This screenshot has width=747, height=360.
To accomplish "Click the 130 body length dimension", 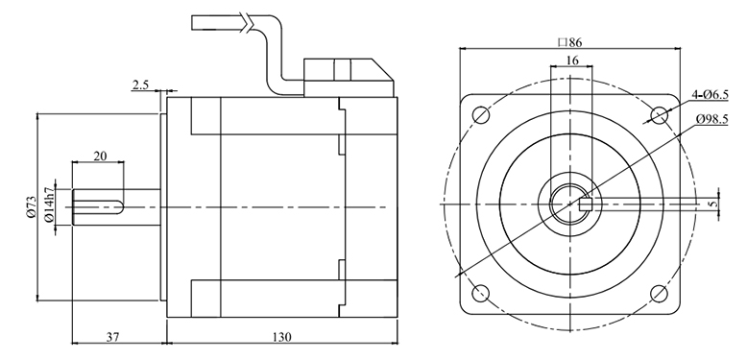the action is [x=282, y=337].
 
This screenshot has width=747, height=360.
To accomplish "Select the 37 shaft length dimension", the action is [x=112, y=337].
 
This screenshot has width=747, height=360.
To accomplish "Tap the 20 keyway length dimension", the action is [x=100, y=156].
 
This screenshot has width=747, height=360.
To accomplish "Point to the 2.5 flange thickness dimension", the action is [x=140, y=84].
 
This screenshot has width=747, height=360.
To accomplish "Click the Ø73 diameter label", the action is [x=32, y=206].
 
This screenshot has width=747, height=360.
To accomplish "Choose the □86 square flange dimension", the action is [x=569, y=42].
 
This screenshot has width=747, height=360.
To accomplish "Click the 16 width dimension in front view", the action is [x=572, y=60].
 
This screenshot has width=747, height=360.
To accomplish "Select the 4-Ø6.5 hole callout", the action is [x=711, y=94].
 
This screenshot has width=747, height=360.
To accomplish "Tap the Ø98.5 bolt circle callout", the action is [x=711, y=119].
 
